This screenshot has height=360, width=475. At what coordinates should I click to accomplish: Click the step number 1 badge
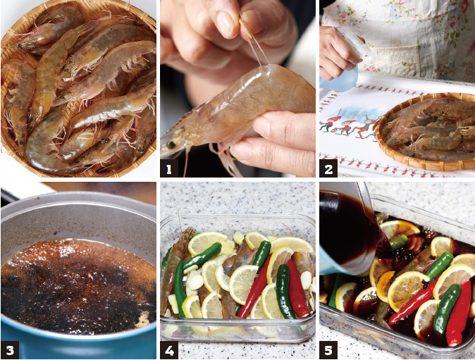tap(169, 168)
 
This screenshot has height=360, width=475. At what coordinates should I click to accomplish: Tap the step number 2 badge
tap(328, 168)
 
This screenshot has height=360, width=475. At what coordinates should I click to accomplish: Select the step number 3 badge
tap(10, 349)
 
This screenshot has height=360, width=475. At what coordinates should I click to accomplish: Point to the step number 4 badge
tap(169, 349)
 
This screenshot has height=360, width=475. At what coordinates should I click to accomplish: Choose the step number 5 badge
tap(328, 349)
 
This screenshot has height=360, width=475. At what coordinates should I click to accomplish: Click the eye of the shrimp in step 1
tap(171, 144)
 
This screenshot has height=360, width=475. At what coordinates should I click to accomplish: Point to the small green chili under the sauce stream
tap(398, 242)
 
